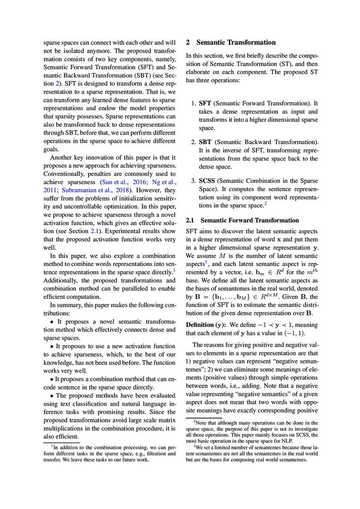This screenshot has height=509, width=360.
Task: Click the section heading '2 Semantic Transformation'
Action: [231, 42]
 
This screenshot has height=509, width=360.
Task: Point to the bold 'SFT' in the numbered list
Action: [205, 103]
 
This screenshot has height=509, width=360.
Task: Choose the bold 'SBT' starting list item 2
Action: [205, 142]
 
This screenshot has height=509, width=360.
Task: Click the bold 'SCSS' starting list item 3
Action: [207, 180]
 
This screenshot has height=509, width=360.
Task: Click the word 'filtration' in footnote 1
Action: [153, 453]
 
